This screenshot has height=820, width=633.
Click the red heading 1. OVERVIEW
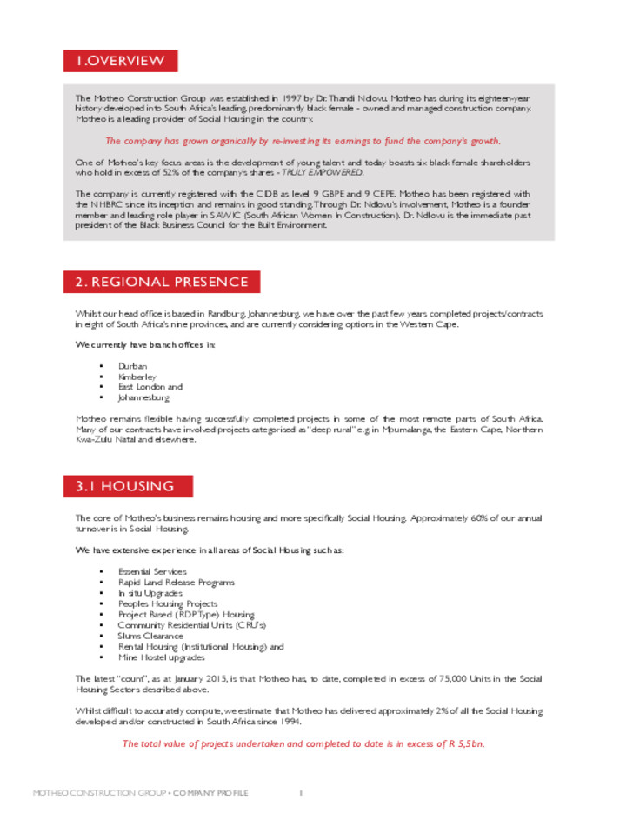pos(120,61)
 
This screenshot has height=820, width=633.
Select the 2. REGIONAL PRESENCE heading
pos(162,283)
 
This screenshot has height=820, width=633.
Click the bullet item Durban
pos(133,366)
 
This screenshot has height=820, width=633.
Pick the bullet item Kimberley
pos(137,377)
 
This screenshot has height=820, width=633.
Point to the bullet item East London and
pos(150,387)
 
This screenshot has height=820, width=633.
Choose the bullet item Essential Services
pos(152,572)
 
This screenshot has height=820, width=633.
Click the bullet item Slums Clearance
pos(150,636)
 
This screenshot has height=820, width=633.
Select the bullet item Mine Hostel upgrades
pos(163,657)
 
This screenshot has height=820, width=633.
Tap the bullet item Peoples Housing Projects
pos(168,603)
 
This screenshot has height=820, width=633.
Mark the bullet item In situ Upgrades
pos(150,593)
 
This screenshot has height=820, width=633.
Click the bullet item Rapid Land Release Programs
pos(177,583)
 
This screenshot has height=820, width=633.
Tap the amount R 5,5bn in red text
pos(464,743)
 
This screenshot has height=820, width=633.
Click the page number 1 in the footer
pos(300,793)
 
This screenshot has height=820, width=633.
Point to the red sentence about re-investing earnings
pos(303,141)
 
